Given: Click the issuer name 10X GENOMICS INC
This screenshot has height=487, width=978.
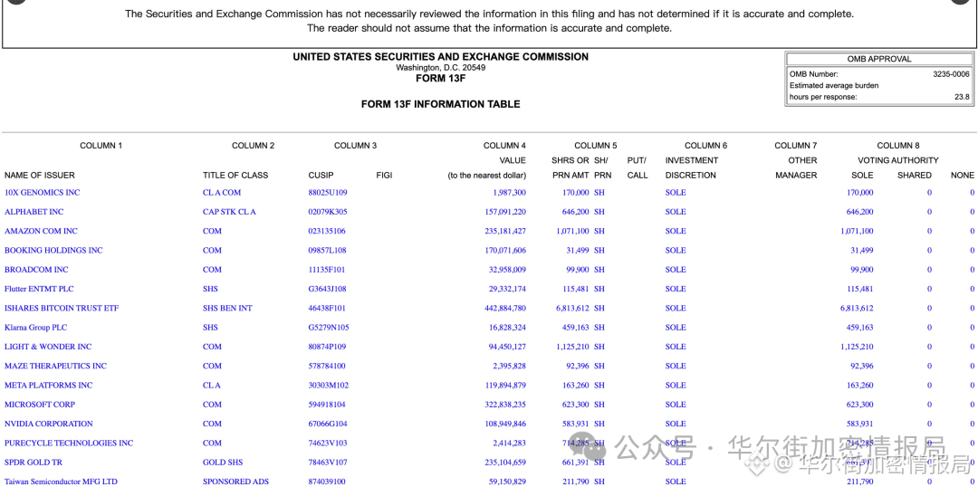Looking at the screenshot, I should (x=42, y=193).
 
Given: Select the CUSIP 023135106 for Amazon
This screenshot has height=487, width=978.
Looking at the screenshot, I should (x=327, y=231).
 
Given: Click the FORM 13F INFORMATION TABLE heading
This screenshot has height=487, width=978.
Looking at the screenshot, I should (x=440, y=104).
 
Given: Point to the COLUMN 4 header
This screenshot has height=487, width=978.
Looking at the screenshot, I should (x=504, y=146).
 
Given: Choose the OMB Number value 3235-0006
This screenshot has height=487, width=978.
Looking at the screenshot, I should (x=951, y=74).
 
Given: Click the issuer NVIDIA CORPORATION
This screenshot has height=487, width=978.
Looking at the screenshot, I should (x=49, y=424).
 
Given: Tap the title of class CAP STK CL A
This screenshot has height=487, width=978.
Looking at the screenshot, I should (x=229, y=212).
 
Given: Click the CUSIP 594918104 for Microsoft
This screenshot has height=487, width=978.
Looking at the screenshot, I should (x=327, y=405).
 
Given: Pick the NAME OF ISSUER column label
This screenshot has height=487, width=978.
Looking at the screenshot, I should (x=40, y=176).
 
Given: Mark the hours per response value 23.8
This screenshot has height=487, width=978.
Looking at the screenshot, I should (x=961, y=97).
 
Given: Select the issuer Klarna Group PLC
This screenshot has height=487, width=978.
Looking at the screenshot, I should (x=35, y=328).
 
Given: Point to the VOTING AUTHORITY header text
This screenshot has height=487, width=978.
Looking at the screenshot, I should (x=897, y=160).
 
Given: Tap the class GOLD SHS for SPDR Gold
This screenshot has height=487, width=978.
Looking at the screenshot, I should (x=223, y=463).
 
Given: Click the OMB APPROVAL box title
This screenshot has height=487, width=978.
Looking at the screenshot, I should (x=879, y=59).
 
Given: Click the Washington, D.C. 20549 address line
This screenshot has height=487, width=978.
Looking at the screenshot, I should (x=440, y=68).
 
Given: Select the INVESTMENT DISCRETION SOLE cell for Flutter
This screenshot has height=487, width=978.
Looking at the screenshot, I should (x=676, y=289).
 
